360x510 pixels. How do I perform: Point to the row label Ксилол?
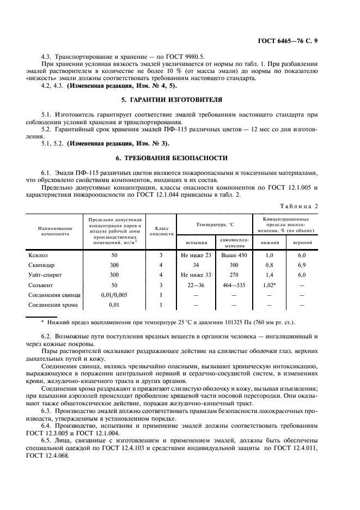(38, 254)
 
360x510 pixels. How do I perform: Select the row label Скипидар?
(41, 265)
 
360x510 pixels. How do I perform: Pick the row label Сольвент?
(41, 285)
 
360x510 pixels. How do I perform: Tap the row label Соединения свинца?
(52, 295)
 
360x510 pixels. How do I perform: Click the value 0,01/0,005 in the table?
(114, 295)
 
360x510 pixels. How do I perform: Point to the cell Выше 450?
(234, 254)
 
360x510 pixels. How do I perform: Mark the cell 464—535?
(234, 285)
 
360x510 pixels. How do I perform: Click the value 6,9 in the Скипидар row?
(302, 265)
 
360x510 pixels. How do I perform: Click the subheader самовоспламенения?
(234, 242)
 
